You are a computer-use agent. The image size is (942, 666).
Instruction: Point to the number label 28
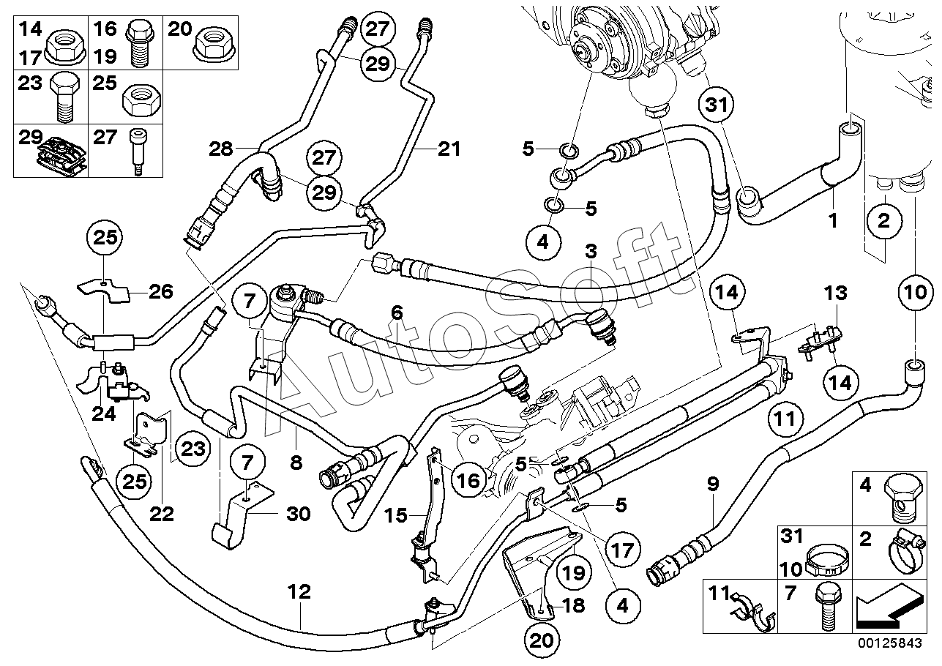point(221,149)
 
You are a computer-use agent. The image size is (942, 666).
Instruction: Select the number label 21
point(449,149)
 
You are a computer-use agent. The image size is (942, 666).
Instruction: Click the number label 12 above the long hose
point(299,591)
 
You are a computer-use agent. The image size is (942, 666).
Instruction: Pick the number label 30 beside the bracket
point(298,514)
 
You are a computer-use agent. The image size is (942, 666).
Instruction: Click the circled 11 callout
point(785,419)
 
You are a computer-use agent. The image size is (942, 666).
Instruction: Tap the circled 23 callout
point(192,449)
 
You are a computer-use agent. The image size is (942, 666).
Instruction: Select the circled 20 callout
point(542,640)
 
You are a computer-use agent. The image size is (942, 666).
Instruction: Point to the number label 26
point(160,291)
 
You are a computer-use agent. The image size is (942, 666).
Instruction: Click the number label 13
point(835,293)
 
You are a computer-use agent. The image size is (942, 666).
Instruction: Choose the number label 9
point(713,484)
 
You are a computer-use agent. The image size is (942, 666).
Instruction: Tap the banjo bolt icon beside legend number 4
point(901,498)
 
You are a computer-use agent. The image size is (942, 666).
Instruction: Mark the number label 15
point(397,515)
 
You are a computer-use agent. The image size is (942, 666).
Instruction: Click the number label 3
point(591,252)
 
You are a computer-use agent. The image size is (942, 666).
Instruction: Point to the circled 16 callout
point(468,480)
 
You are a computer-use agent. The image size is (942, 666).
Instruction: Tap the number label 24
point(103,414)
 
